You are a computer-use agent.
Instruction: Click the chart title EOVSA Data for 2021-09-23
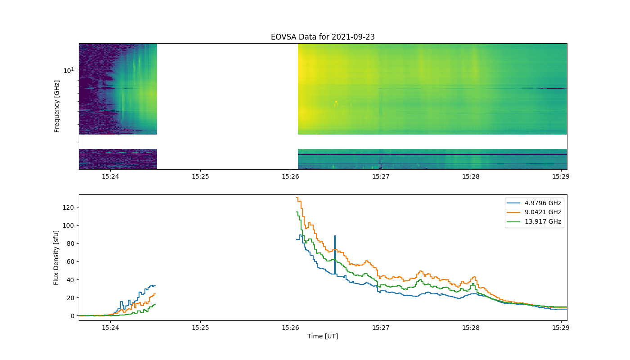(323, 37)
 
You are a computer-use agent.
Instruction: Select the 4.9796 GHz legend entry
(534, 203)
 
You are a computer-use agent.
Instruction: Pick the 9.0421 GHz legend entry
(534, 212)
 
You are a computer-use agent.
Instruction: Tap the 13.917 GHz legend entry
(534, 221)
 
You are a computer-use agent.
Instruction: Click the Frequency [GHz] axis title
(57, 106)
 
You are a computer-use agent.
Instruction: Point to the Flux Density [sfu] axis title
(56, 257)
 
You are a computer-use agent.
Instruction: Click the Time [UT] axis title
(323, 336)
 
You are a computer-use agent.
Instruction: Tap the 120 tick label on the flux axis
(68, 207)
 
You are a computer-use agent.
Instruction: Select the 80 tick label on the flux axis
(71, 243)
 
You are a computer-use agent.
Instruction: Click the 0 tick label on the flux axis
(72, 316)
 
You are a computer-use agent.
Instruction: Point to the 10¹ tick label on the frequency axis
(69, 70)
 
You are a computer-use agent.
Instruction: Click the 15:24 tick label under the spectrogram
(110, 176)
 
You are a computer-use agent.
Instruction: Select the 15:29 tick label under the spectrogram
(561, 176)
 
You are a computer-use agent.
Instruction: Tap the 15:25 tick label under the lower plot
(201, 328)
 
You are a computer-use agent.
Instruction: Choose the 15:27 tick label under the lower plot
(381, 328)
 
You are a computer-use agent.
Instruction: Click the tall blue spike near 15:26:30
(335, 255)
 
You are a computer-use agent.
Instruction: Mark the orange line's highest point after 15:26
(297, 198)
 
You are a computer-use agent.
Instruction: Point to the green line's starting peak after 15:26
(297, 212)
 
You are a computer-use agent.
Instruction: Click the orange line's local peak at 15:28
(474, 277)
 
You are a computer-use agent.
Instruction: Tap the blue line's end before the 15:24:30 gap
(155, 285)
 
